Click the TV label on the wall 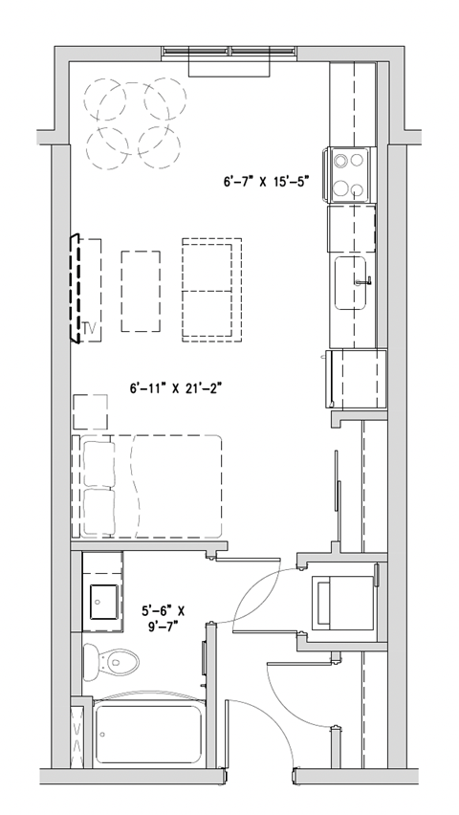coord(91,328)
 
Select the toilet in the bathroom coord(112,659)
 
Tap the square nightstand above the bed coord(92,412)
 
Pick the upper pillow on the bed coord(98,464)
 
